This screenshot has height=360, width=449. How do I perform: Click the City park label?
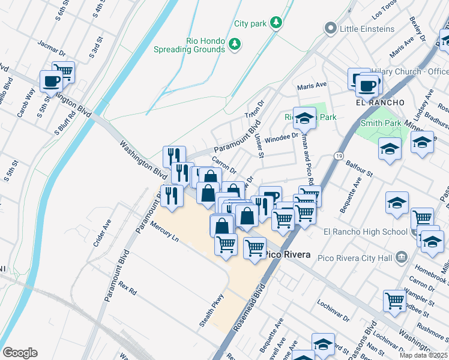250,23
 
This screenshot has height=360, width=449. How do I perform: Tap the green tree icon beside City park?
276,22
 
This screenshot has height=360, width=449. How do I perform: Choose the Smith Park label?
380,123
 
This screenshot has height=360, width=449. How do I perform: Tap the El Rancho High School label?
357,232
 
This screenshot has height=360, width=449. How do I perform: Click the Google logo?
20,353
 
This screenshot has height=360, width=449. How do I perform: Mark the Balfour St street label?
362,167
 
